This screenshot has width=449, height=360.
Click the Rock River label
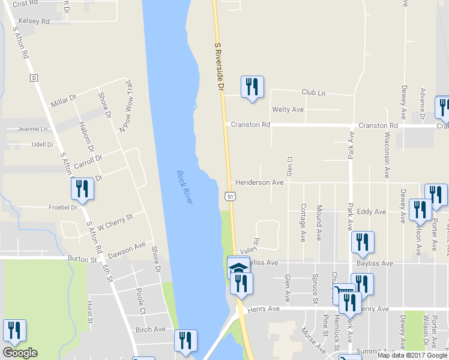pos(184,187)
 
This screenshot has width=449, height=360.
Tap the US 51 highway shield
pos(230,196)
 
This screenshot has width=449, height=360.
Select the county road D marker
pos(34,78)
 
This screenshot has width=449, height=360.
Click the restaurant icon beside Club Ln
pos(252,87)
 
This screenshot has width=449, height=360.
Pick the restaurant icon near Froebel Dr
pos(82,189)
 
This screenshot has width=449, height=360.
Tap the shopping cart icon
pos(342,294)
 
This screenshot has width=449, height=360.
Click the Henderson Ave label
pos(259,182)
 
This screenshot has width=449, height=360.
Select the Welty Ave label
pos(288,109)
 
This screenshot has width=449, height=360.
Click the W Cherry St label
pos(115,220)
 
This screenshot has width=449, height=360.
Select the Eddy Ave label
pos(371,212)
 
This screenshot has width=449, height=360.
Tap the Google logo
pos(20,353)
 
